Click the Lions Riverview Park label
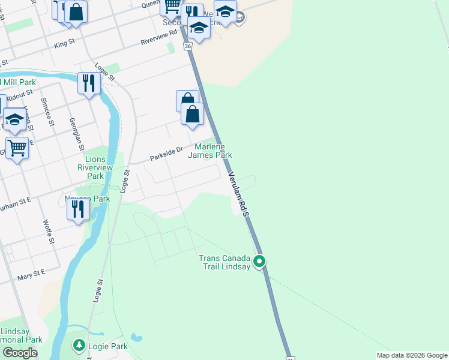point(95,168)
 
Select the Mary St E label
point(31,273)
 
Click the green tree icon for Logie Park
point(79,345)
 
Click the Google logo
point(20,353)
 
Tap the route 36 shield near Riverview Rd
point(188,46)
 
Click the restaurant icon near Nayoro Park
point(77,209)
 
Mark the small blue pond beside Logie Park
point(137,338)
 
